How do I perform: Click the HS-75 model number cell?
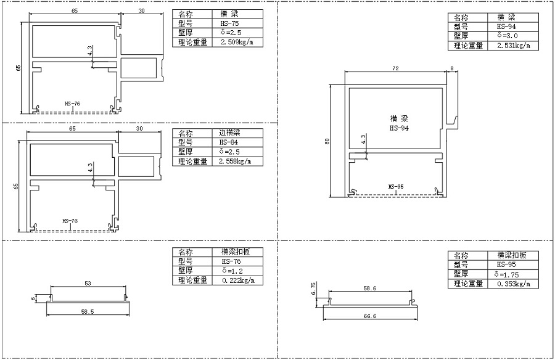click(237, 23)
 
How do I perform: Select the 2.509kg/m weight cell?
click(237, 43)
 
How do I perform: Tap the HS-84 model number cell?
click(237, 142)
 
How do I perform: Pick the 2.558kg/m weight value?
click(235, 162)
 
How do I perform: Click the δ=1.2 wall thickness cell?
click(237, 271)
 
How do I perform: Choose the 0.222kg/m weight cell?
click(237, 280)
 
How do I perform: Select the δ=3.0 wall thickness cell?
click(513, 36)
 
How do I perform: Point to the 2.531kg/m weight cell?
click(513, 46)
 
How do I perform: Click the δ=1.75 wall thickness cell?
click(513, 274)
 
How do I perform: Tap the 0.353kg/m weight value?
click(514, 284)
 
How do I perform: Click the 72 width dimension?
click(395, 68)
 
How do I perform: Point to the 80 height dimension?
click(327, 141)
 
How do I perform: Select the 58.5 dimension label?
click(88, 312)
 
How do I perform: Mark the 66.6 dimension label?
click(370, 316)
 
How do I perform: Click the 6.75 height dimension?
click(313, 288)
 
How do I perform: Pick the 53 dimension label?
click(88, 283)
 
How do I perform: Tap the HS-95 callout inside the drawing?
click(396, 187)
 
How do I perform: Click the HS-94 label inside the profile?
click(399, 128)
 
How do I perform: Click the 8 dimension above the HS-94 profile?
click(451, 68)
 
